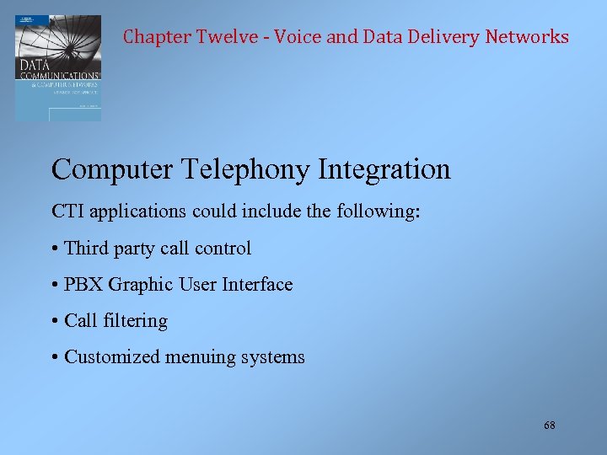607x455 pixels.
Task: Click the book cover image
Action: point(58,67)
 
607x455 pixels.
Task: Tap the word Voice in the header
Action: point(296,37)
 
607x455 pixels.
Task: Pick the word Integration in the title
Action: point(384,169)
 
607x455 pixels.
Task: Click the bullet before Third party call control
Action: point(55,249)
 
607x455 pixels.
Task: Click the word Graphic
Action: point(138,285)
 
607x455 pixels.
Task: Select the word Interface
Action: point(256,285)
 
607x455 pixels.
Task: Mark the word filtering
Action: point(136,321)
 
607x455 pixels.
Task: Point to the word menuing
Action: point(201,357)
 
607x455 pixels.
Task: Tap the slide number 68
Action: point(550,426)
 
